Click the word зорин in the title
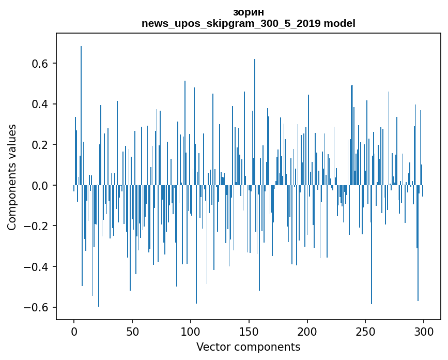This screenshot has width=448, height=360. click(248, 12)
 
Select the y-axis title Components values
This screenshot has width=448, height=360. click(12, 177)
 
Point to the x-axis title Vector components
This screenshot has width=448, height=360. click(248, 347)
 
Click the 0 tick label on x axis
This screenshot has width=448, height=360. click(74, 331)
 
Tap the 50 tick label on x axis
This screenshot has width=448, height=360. click(132, 331)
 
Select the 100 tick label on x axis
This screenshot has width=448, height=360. click(191, 331)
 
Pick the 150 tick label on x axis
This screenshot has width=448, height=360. click(249, 331)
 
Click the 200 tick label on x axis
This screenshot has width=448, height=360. click(307, 331)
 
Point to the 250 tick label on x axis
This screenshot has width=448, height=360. click(366, 331)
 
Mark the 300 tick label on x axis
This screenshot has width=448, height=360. click(424, 331)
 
